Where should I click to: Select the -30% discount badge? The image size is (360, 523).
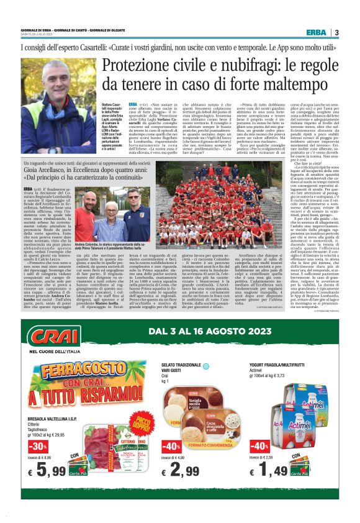point(37,446)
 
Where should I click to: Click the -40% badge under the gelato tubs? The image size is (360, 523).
point(171,446)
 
